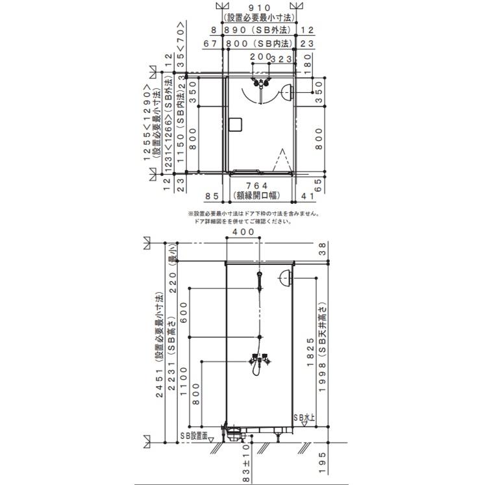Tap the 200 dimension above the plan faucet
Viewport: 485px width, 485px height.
(259, 57)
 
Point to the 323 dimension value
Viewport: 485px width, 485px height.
(280, 59)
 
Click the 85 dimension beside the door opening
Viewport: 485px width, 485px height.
(212, 194)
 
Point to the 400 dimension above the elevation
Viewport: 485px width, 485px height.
(243, 232)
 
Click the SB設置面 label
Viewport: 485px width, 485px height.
(192, 436)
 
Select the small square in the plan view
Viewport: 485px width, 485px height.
(235, 123)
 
